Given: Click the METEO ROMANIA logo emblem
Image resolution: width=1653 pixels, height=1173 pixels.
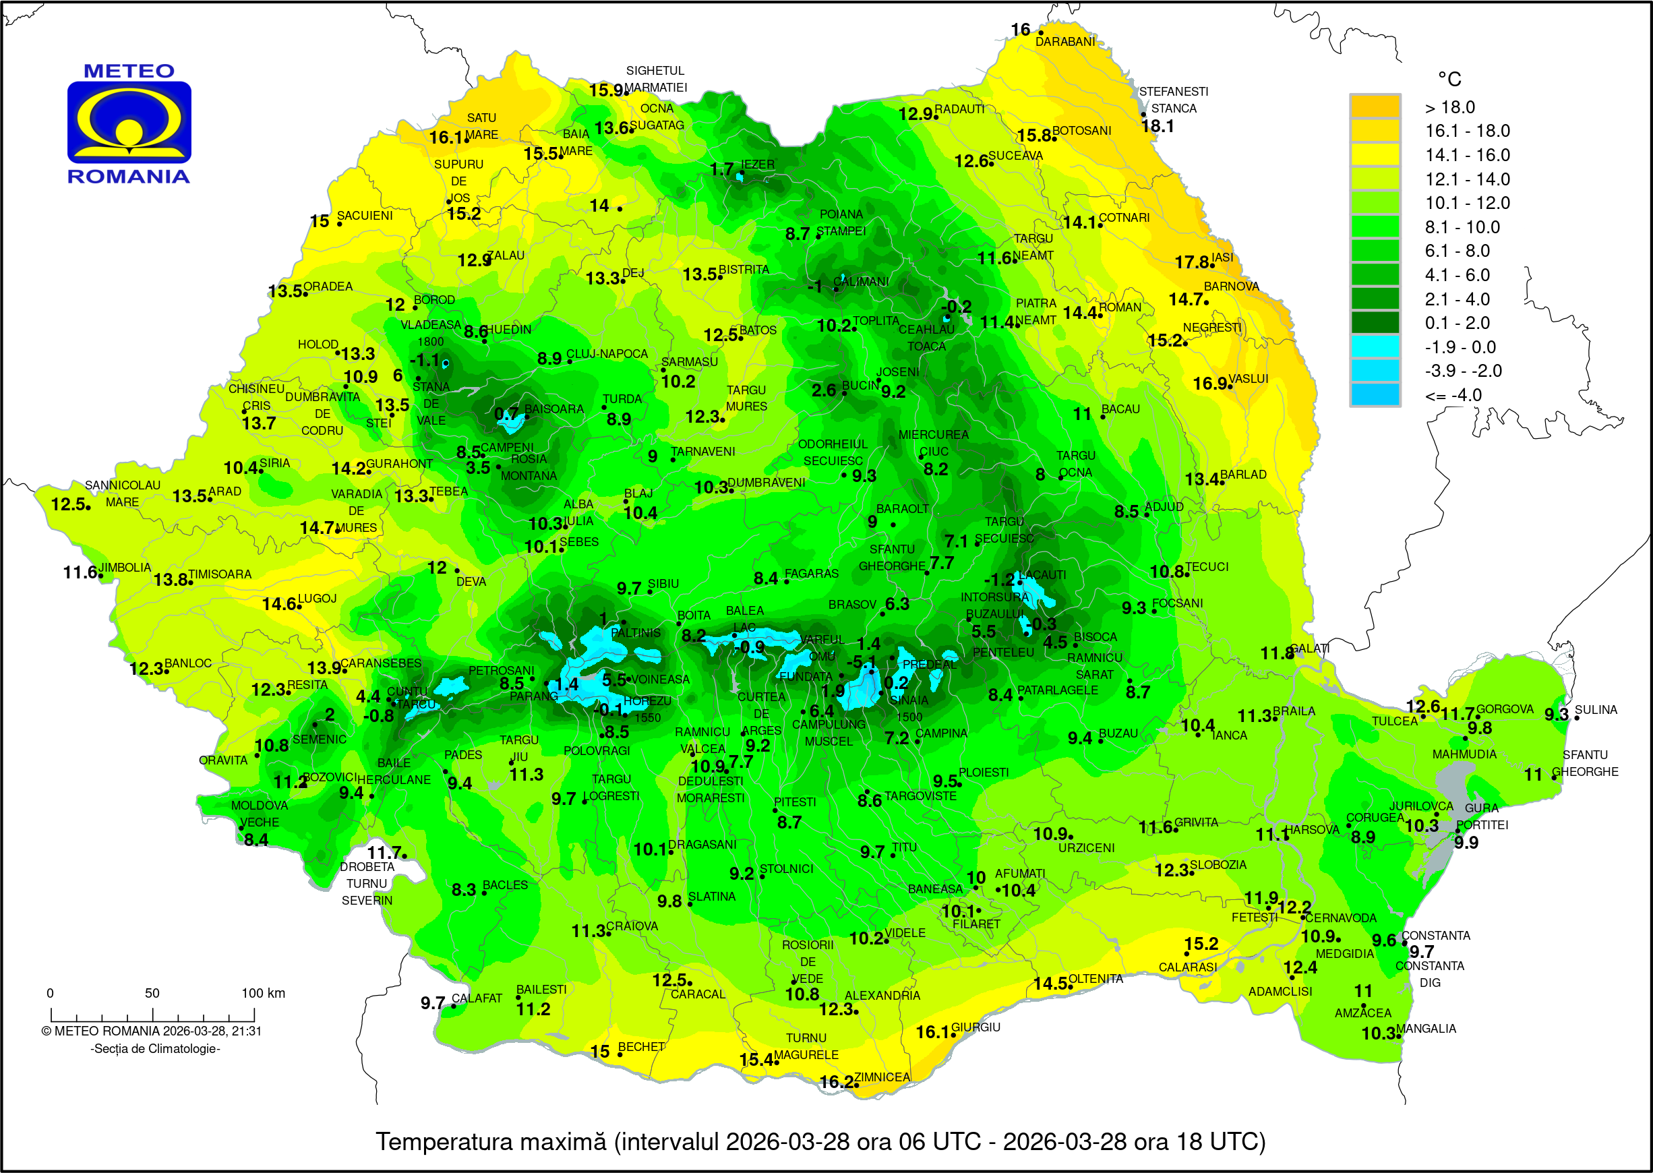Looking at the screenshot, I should pos(129,122).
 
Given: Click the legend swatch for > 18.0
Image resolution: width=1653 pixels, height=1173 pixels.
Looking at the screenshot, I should pos(1375,107).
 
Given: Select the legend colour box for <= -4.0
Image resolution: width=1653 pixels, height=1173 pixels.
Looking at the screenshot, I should pos(1375,395).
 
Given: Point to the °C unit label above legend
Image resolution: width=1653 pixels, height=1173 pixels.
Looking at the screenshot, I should pos(1449,79).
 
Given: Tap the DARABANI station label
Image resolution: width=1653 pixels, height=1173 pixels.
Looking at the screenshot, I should pos(1064,42).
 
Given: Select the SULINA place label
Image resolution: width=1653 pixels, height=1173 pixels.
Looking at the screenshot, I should pos(1596,710).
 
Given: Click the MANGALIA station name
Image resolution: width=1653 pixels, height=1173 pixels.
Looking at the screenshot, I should pos(1426,1029).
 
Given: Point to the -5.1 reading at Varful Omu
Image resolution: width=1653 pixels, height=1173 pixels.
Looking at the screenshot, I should pos(861,662).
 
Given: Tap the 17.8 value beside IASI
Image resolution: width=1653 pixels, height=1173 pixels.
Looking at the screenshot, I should pos(1191,262).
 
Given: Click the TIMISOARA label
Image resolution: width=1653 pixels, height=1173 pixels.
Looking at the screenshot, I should pos(220,574).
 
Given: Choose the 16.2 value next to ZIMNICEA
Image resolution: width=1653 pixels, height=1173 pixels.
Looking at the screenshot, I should pos(836,1082).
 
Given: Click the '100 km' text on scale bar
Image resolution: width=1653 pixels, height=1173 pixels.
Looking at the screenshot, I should pos(263,993).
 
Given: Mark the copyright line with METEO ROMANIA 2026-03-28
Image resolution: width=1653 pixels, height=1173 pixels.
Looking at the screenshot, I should pos(152,1031).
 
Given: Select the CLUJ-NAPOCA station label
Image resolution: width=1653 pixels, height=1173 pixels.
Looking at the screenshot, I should pos(607,354).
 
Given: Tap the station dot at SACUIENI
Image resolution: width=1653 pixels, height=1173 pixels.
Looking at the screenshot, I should pos(339,224).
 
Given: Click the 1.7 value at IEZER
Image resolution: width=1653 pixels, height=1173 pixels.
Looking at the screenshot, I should pos(721,169).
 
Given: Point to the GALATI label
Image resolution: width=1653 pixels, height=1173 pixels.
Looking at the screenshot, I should pos(1309,649).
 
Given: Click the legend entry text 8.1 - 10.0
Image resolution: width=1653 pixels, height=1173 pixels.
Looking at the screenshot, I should pos(1462,227).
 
